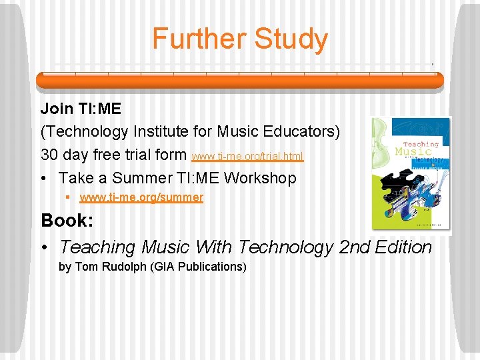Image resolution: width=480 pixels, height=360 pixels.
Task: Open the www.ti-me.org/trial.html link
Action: point(247,157)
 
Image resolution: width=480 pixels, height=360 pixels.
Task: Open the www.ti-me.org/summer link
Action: point(141,197)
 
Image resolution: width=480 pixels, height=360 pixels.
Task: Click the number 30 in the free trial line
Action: point(49,155)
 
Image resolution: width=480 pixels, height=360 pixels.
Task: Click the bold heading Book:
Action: point(66,220)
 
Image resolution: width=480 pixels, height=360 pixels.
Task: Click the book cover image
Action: point(411,175)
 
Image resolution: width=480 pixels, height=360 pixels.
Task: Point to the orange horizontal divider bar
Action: point(239,80)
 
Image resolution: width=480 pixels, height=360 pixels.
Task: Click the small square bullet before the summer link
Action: point(69,197)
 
